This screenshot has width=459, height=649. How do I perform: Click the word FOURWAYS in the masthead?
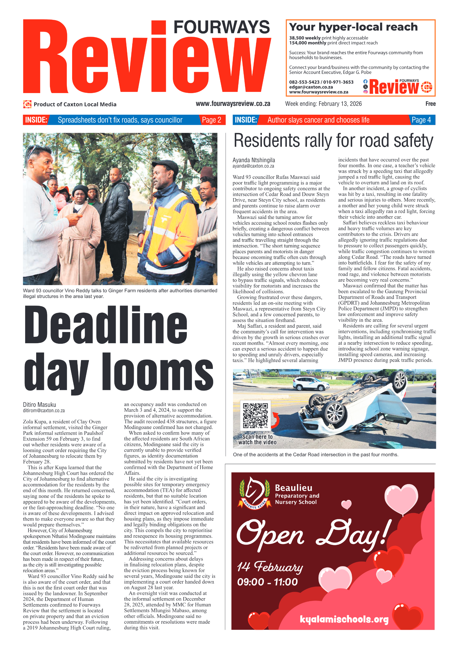[221, 27]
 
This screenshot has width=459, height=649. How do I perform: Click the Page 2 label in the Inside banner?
[211, 120]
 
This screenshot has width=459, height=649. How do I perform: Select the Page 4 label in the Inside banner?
[421, 120]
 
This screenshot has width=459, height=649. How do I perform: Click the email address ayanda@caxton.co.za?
[253, 166]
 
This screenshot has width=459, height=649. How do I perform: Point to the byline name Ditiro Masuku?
[39, 404]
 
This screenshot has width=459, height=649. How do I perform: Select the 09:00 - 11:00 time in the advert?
[267, 582]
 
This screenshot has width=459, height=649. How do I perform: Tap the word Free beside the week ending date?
[430, 104]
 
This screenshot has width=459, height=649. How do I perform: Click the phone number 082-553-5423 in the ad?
[304, 82]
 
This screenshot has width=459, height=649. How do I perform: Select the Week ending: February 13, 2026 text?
[323, 104]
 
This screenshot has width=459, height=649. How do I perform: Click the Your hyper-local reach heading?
[353, 27]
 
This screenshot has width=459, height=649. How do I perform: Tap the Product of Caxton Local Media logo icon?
[27, 104]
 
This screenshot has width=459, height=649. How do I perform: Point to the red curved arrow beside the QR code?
[276, 420]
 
